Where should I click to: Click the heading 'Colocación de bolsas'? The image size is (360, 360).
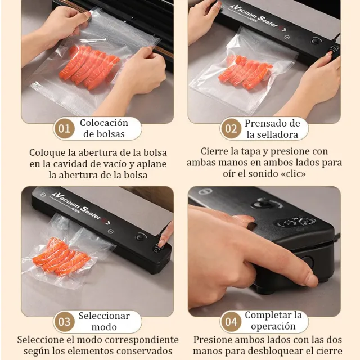pyautogui.click(x=104, y=128)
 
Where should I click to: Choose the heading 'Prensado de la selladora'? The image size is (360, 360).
pyautogui.click(x=272, y=128)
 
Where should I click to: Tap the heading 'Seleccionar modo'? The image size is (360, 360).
pyautogui.click(x=104, y=321)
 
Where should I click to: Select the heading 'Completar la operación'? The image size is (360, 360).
pyautogui.click(x=273, y=321)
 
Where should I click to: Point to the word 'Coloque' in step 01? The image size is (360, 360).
pyautogui.click(x=48, y=152)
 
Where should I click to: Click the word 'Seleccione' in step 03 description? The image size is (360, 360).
pyautogui.click(x=42, y=340)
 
